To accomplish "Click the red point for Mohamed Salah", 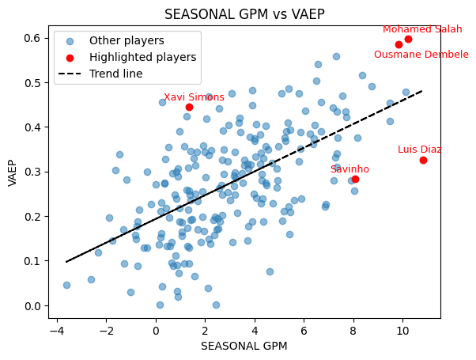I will (x=408, y=39).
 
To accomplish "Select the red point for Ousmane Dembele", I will (x=399, y=44).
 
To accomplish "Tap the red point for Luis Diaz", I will (x=423, y=160).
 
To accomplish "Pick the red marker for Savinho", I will (x=355, y=179).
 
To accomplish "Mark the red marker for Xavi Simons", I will (x=189, y=107).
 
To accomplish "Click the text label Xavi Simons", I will (x=194, y=97).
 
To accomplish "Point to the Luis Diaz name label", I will (x=419, y=150).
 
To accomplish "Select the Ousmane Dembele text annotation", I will (x=421, y=55).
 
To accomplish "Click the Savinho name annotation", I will (x=349, y=169).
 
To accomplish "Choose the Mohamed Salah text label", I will (x=422, y=29).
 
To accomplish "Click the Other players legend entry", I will (x=127, y=40).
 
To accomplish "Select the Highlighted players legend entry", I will (x=142, y=57).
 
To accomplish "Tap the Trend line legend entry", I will (x=115, y=74).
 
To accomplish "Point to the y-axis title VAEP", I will (x=13, y=172).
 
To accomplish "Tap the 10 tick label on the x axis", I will (x=402, y=330).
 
